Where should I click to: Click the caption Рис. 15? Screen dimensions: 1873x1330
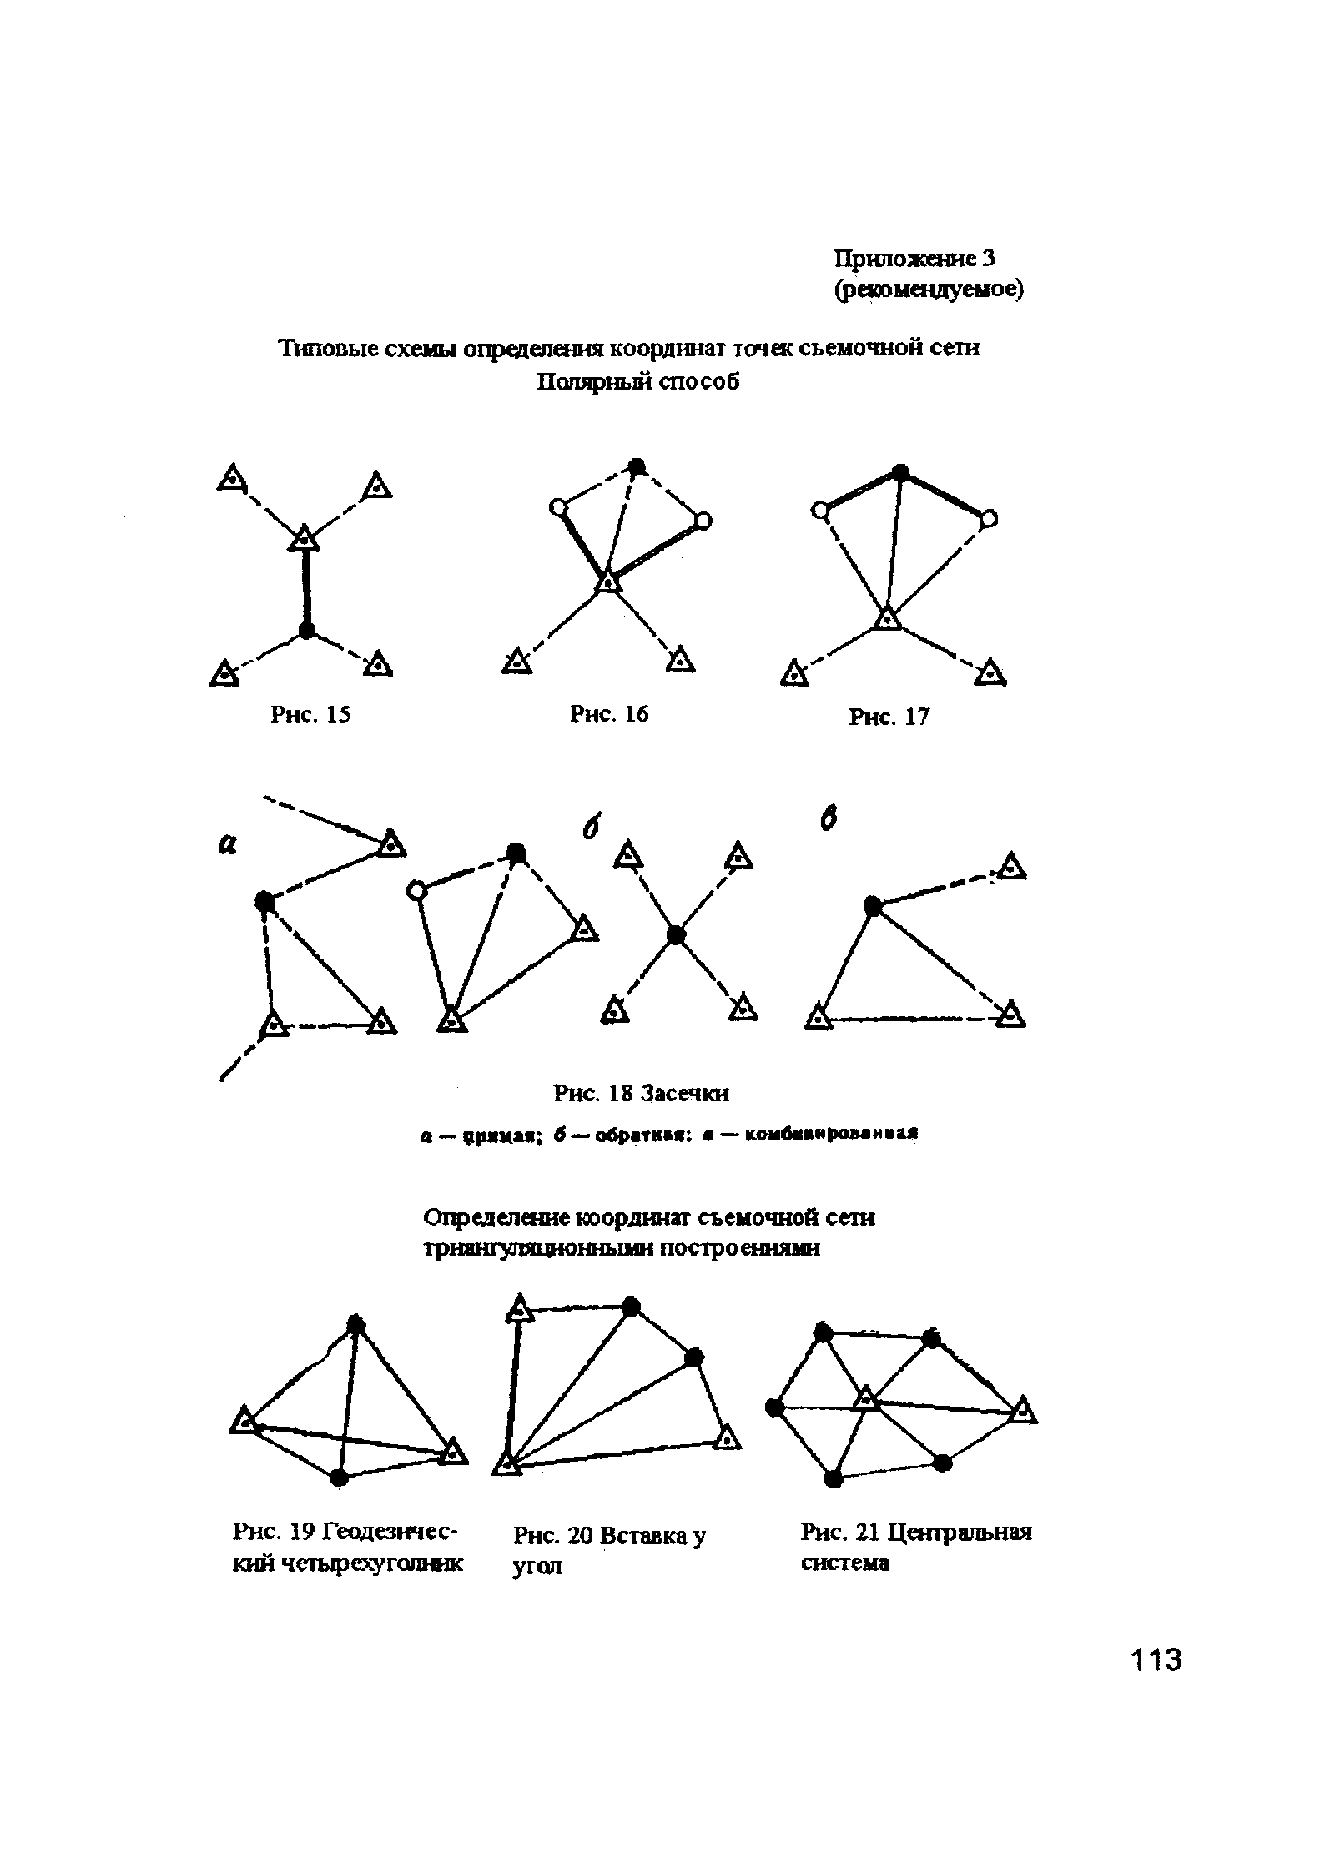(x=310, y=715)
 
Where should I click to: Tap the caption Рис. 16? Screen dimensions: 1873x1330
(x=608, y=714)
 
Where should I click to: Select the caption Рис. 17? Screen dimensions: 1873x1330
(x=888, y=717)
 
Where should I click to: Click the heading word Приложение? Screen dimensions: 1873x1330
(x=904, y=259)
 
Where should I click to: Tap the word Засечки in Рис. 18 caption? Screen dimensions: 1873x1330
(x=692, y=1092)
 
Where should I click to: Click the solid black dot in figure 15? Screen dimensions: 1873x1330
(x=307, y=629)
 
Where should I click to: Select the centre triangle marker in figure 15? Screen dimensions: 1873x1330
(x=305, y=538)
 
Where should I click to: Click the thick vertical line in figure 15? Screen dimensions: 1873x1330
(x=306, y=584)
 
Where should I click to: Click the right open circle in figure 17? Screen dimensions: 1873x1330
(x=988, y=519)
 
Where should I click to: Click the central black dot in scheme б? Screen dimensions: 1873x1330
(x=676, y=936)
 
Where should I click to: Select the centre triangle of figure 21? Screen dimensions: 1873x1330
(x=867, y=1398)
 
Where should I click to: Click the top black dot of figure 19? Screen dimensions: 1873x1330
(x=356, y=1324)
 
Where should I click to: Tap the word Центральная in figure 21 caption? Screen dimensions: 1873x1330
(x=959, y=1533)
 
